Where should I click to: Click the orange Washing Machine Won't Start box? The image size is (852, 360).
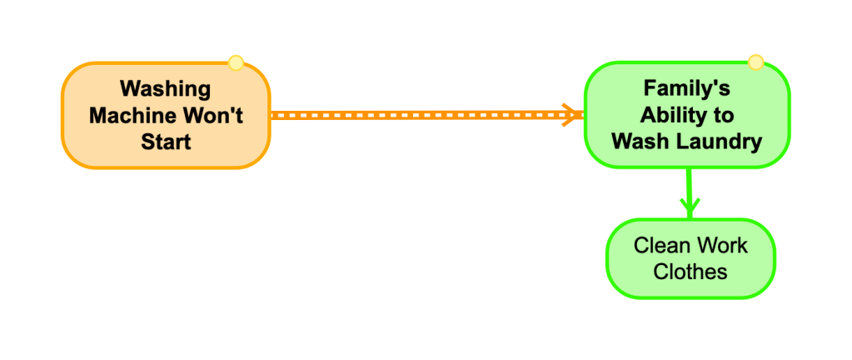click(166, 115)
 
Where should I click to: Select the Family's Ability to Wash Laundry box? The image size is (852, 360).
click(687, 115)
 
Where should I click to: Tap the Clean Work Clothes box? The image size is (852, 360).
click(690, 259)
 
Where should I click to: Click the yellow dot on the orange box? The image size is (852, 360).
click(235, 63)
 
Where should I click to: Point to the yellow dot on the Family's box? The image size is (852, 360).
click(755, 62)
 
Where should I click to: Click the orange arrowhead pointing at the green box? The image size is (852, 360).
click(573, 115)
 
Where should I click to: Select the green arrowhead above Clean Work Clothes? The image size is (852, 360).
click(690, 207)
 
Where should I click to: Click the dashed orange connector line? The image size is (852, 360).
click(427, 115)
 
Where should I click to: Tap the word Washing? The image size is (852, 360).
click(165, 89)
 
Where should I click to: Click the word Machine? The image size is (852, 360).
click(126, 115)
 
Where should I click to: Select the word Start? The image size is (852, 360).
click(166, 142)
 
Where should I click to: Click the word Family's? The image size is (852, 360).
click(687, 88)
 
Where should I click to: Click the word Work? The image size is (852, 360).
click(720, 246)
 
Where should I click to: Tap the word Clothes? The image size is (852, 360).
click(690, 272)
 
